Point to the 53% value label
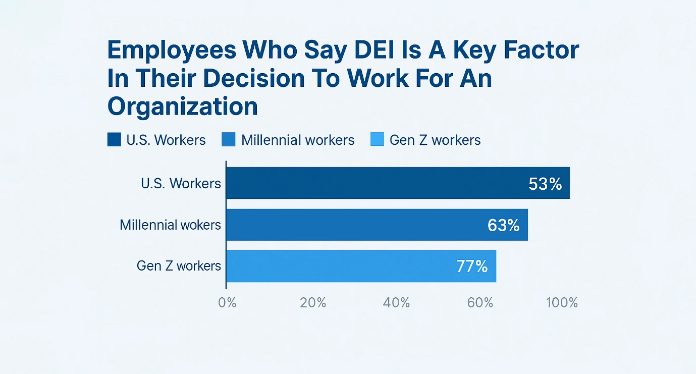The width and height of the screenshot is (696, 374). pos(545,184)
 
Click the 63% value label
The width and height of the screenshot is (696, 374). pos(503,225)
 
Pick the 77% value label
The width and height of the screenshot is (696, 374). pos(472,266)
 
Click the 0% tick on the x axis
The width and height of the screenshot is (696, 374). pos(228,303)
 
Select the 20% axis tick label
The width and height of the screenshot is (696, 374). pos(313,303)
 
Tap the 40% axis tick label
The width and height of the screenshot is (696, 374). pos(396,303)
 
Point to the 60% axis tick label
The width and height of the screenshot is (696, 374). pos(480,303)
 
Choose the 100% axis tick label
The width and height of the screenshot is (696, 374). pos(562,303)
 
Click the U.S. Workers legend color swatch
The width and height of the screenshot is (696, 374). pos(115,140)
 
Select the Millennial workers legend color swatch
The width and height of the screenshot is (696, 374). pos(229,140)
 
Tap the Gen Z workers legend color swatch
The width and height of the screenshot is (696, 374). pos(377,140)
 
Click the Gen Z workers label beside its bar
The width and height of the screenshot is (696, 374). pos(179,266)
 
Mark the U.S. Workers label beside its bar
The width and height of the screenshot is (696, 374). pos(181,183)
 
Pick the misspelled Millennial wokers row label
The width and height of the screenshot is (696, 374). pos(170,225)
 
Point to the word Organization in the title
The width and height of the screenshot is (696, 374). pos(183,106)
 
